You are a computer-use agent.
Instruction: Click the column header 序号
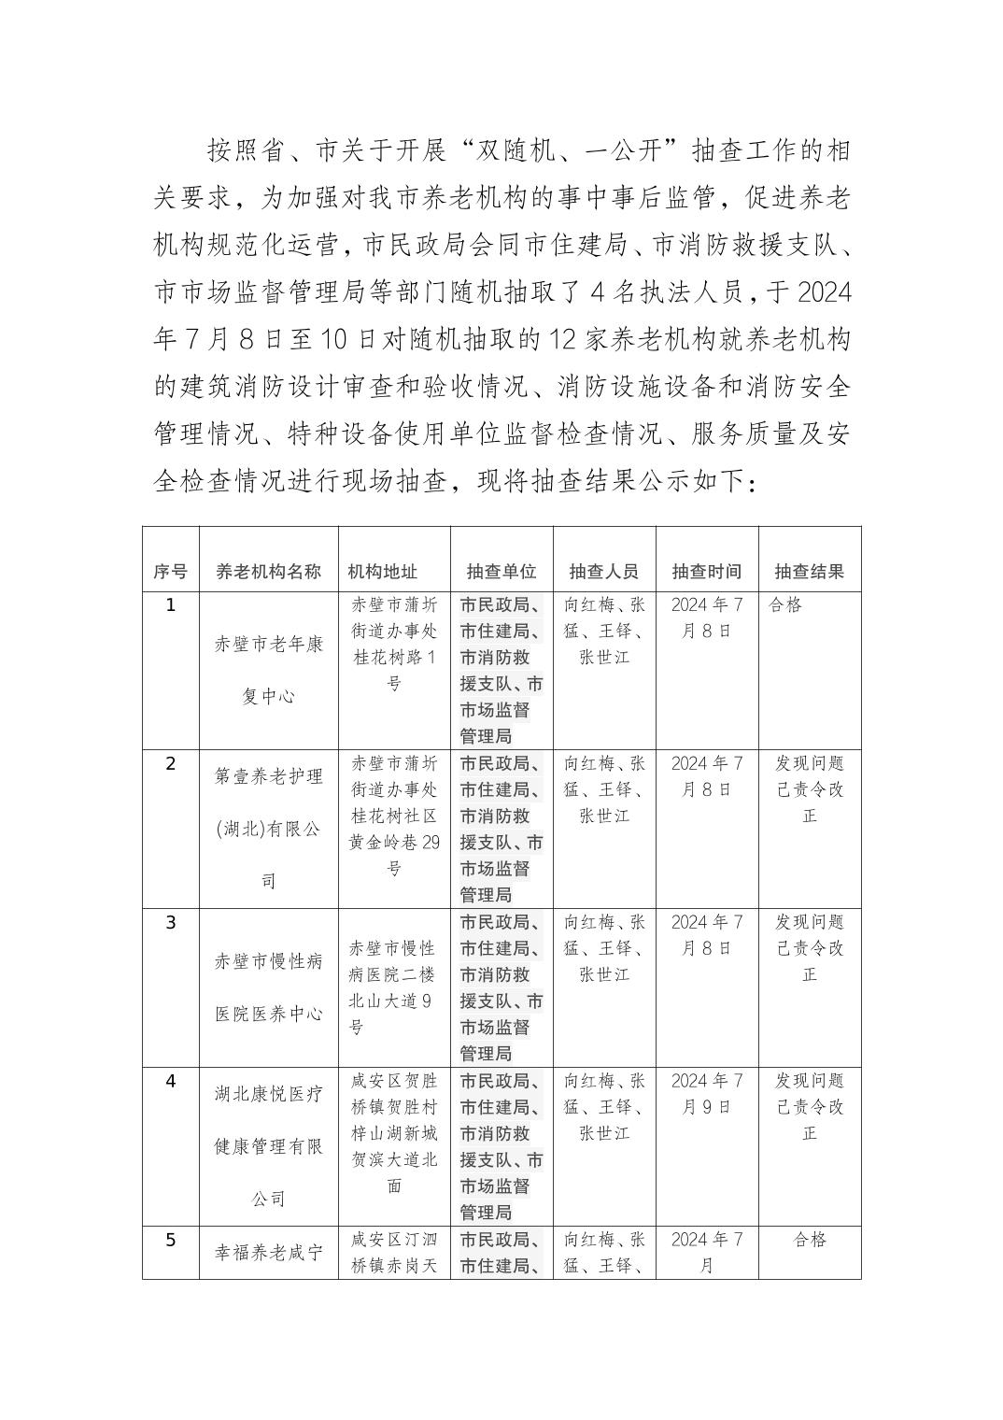[x=170, y=572]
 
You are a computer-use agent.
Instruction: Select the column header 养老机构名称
[x=268, y=572]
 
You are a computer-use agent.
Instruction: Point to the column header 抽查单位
[x=501, y=572]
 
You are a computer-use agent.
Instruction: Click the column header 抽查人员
[x=604, y=572]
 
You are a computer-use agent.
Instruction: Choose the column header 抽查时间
[x=707, y=572]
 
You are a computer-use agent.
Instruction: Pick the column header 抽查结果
[x=810, y=572]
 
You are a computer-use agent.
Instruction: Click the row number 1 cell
[x=170, y=605]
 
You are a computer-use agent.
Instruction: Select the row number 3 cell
[x=170, y=923]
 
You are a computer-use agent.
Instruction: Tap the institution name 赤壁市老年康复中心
[x=268, y=670]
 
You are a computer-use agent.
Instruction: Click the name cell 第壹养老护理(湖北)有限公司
[x=268, y=829]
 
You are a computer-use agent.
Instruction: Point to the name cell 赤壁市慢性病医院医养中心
[x=268, y=987]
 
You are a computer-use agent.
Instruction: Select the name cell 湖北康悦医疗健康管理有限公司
[x=268, y=1146]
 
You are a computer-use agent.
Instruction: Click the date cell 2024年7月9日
[x=707, y=1094]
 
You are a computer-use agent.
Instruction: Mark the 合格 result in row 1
[x=785, y=605]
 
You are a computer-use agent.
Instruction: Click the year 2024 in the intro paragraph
[x=822, y=291]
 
